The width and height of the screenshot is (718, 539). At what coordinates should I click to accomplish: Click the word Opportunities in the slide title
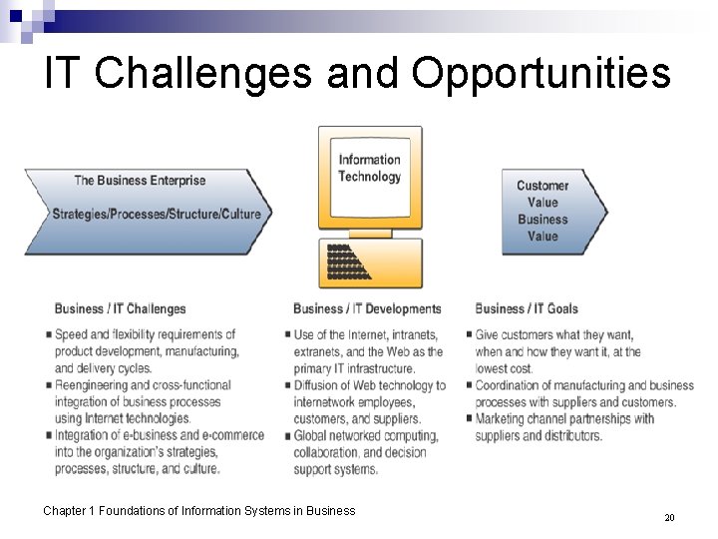tap(541, 73)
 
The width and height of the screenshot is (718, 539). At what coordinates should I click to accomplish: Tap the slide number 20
tap(669, 518)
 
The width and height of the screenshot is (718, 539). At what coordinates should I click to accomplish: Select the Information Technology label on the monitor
tap(369, 168)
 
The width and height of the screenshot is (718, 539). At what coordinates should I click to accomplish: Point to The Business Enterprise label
tap(140, 181)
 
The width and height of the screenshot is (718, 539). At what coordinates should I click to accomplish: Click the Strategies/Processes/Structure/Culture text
tap(156, 214)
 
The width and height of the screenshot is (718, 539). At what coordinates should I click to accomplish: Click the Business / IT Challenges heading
tap(120, 308)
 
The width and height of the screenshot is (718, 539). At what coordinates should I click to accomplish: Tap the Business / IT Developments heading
tap(367, 308)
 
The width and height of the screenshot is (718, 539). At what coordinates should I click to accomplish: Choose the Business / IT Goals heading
tap(527, 308)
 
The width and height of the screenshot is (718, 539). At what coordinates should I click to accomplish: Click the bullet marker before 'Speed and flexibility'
tap(49, 335)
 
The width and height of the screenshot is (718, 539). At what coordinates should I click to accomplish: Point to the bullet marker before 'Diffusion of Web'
tap(288, 386)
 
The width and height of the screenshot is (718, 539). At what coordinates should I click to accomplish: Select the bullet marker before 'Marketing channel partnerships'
tap(470, 419)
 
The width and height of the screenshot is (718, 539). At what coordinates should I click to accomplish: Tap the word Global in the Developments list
tap(313, 436)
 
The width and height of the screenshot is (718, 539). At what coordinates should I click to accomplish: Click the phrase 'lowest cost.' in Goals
tap(504, 368)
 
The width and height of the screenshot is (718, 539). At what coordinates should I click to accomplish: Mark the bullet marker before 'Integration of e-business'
tap(49, 436)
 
